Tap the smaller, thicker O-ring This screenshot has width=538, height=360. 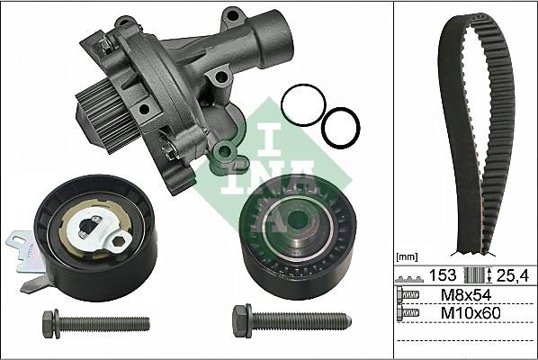[x=339, y=127]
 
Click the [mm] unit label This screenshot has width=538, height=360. [x=409, y=256]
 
